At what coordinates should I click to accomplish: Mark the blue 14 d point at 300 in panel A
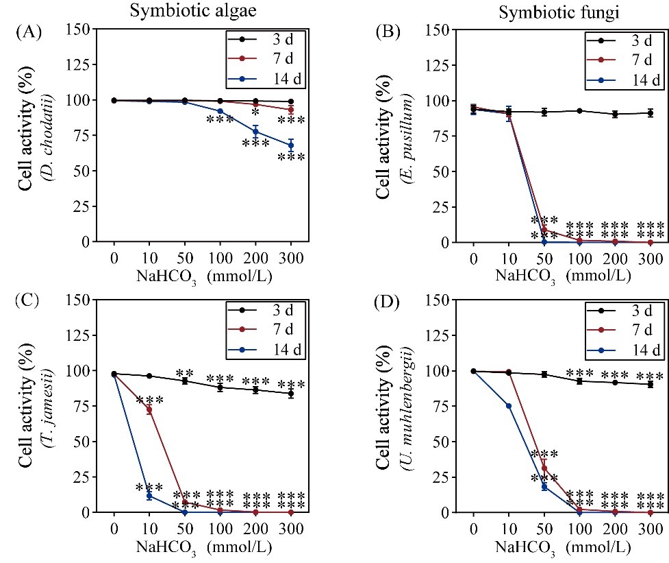pos(290,145)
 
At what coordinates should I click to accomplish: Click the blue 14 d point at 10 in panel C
pos(149,495)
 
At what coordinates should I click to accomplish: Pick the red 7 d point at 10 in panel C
pos(149,409)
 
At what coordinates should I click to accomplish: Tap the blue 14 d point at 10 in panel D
pos(508,406)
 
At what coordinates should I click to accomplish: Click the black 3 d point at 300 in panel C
pos(290,394)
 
